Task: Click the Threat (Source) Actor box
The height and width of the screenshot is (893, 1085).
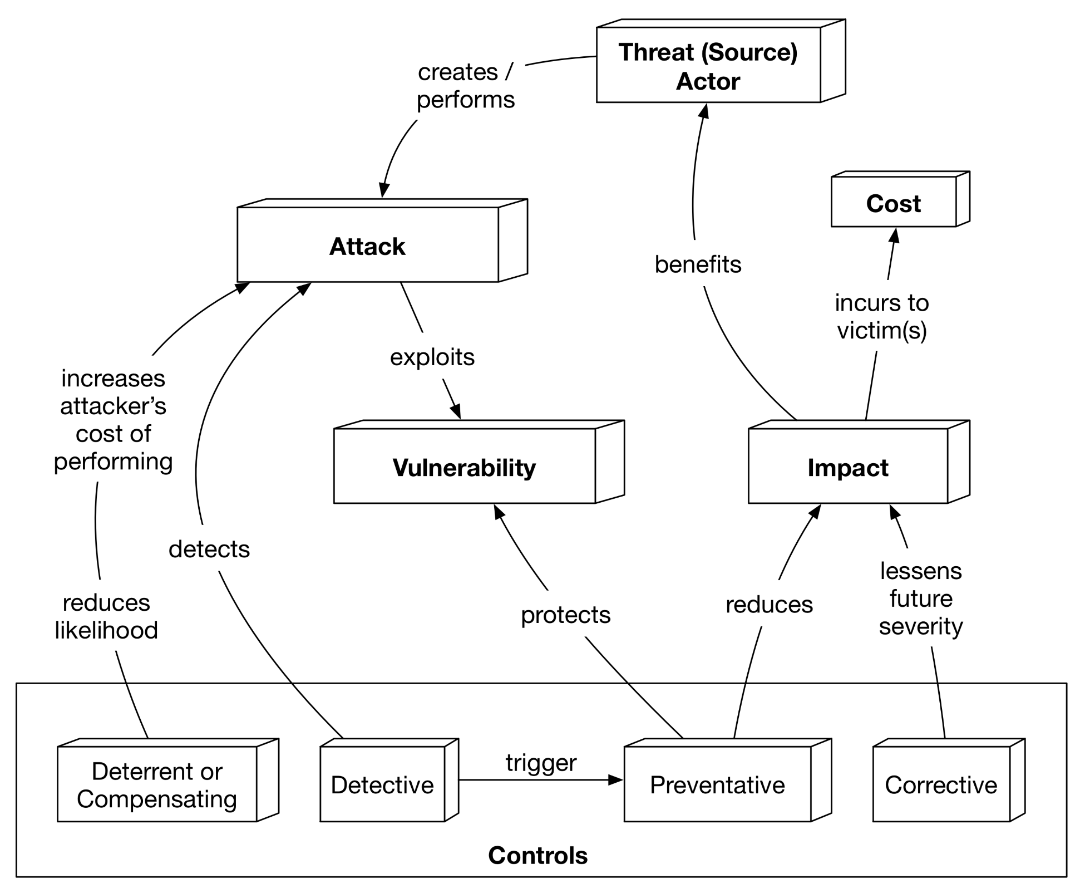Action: [x=708, y=66]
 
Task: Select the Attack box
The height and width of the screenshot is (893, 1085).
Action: [x=368, y=246]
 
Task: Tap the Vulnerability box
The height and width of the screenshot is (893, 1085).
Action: [x=464, y=467]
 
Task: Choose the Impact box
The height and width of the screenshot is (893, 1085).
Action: [x=847, y=467]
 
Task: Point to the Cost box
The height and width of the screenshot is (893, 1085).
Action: [x=894, y=203]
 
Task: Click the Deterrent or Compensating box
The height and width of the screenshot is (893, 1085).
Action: [x=157, y=784]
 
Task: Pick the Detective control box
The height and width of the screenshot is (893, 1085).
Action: [x=382, y=784]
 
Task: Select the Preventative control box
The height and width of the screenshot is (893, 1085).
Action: [x=717, y=784]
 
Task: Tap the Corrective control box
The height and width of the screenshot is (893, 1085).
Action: [x=941, y=784]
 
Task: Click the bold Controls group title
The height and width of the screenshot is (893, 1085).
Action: [x=537, y=855]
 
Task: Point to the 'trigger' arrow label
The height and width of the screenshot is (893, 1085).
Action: [x=541, y=762]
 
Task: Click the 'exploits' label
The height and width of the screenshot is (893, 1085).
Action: [x=432, y=356]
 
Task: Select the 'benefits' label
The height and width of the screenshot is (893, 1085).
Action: [x=698, y=264]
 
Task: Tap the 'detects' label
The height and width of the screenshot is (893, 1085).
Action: [x=209, y=549]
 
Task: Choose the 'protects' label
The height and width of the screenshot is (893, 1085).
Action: [x=565, y=615]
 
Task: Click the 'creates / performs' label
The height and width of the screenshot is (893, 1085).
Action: [x=466, y=86]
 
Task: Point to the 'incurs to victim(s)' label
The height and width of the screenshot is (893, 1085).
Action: [x=882, y=316]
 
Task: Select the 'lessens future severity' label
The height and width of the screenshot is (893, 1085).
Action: [x=921, y=598]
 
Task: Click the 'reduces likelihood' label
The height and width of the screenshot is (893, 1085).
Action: [x=106, y=616]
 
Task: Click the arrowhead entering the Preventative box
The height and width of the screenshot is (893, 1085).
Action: [x=617, y=780]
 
